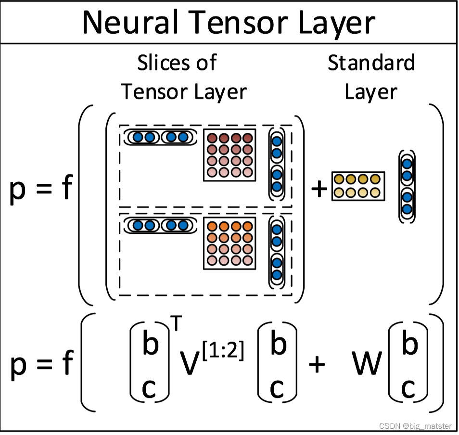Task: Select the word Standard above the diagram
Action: tap(371, 63)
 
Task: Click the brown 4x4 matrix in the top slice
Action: tap(229, 155)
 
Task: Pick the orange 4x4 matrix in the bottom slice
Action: tap(229, 243)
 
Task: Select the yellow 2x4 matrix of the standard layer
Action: tap(358, 186)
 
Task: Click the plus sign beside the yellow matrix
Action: tap(319, 189)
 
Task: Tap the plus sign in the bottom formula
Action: tap(316, 364)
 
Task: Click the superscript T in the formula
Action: tap(177, 324)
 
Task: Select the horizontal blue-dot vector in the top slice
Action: tap(160, 137)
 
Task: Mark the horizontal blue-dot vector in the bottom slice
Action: tap(160, 225)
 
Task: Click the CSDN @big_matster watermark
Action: tap(415, 426)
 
